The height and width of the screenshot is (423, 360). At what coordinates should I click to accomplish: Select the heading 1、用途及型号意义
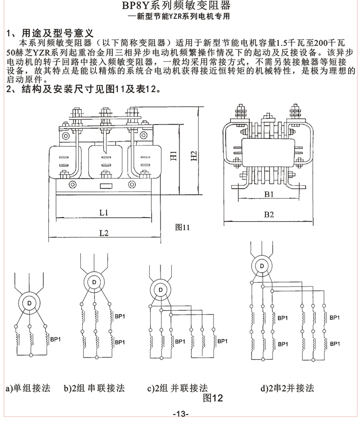[49, 33]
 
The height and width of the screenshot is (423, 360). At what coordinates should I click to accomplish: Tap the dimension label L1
[103, 212]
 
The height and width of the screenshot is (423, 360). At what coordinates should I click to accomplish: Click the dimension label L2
[103, 233]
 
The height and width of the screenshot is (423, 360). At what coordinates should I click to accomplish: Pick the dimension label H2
[193, 156]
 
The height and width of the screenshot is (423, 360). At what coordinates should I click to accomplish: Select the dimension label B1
[268, 195]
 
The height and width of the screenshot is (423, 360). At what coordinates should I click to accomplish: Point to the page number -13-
[181, 414]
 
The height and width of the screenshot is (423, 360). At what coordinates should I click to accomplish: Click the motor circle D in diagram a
[29, 304]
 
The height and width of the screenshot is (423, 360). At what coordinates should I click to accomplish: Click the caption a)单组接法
[28, 388]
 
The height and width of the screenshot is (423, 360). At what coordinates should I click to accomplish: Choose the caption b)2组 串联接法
[94, 388]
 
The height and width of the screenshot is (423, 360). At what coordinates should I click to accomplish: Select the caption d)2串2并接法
[286, 388]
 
